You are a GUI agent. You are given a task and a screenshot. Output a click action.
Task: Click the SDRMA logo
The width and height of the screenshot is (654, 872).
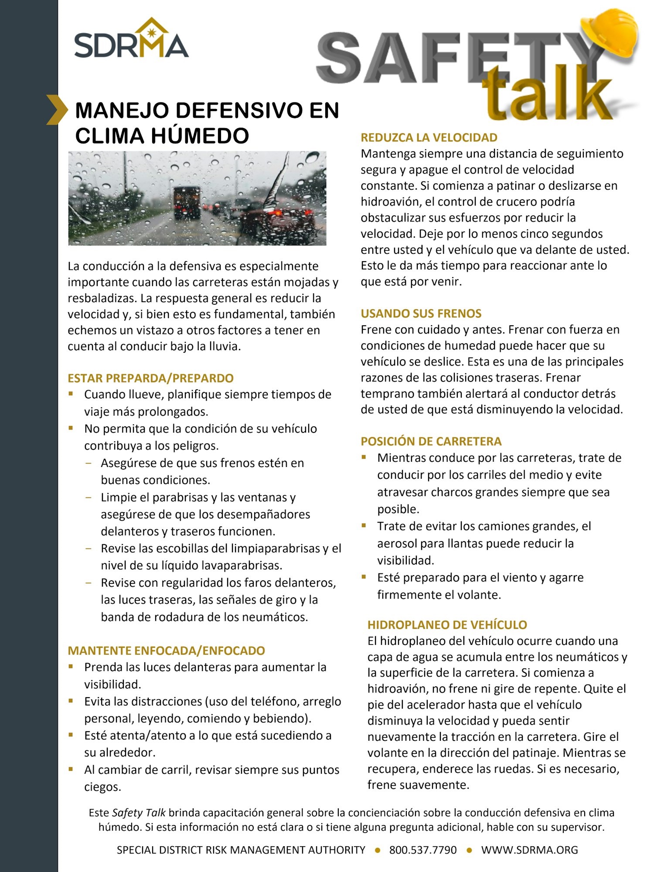[131, 39]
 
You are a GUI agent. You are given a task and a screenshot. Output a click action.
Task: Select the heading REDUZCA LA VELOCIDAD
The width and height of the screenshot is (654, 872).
[429, 138]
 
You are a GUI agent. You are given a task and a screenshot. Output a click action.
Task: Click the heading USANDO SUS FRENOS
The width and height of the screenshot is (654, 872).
[421, 313]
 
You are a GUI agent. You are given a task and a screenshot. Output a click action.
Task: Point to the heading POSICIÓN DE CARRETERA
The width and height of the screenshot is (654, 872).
[431, 441]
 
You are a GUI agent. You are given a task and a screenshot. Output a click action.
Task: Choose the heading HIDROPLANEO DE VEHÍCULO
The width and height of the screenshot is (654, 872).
[447, 625]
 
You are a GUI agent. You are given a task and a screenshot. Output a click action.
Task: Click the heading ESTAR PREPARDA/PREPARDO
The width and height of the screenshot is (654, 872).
[150, 378]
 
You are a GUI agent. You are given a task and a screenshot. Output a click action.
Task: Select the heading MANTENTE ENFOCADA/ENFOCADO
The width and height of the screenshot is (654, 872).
[166, 651]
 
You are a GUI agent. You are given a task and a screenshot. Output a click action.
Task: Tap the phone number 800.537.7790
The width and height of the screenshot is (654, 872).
[422, 850]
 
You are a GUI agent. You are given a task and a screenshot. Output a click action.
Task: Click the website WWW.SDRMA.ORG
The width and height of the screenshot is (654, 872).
[529, 850]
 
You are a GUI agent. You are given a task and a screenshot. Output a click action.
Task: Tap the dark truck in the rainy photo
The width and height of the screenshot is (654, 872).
[187, 203]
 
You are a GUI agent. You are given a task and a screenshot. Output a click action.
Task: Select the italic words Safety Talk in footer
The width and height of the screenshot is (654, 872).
[139, 812]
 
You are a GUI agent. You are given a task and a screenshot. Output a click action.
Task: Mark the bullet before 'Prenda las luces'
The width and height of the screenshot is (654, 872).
[71, 666]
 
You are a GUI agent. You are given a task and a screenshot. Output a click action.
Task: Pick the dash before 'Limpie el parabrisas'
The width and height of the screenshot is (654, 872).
[89, 497]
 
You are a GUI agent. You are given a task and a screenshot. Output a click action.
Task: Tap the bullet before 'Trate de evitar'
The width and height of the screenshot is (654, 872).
[364, 525]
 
